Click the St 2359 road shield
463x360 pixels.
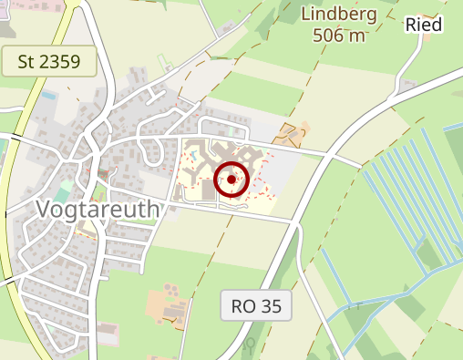(x=49, y=62)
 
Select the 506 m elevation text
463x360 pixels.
(x=338, y=36)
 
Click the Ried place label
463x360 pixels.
(x=424, y=25)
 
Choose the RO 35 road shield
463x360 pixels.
(x=256, y=306)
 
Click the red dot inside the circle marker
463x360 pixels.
(x=232, y=180)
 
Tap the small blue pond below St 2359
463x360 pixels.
(x=49, y=95)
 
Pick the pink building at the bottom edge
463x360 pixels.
(x=108, y=334)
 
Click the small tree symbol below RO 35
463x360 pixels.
(x=249, y=345)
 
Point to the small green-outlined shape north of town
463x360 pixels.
(x=165, y=63)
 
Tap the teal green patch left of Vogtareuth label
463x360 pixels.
(x=61, y=193)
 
